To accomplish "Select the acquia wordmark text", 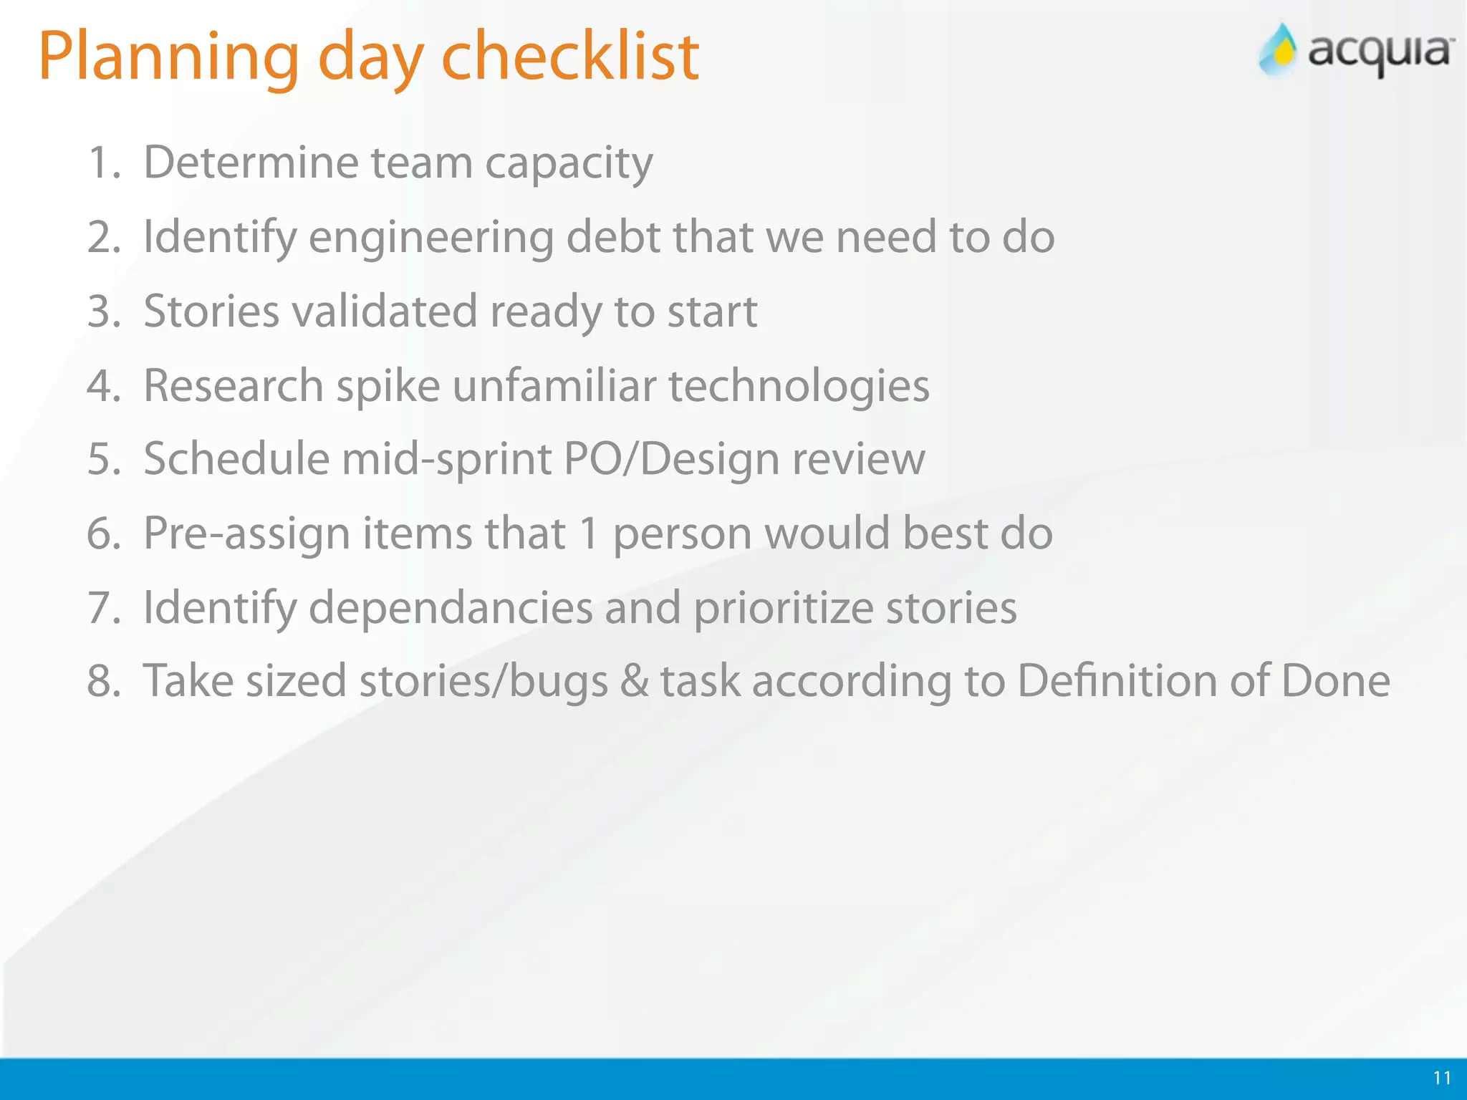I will pyautogui.click(x=1381, y=52).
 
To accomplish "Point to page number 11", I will pyautogui.click(x=1442, y=1078).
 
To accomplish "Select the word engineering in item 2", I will pyautogui.click(x=431, y=238).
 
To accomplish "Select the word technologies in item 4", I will pyautogui.click(x=799, y=387).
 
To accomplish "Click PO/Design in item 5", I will pyautogui.click(x=670, y=459).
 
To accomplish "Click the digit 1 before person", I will pyautogui.click(x=589, y=534).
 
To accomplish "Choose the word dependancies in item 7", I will pyautogui.click(x=451, y=609).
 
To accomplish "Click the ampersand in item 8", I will pyautogui.click(x=635, y=681).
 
